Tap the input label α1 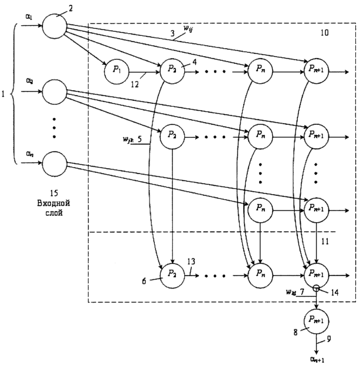tap(29, 18)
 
